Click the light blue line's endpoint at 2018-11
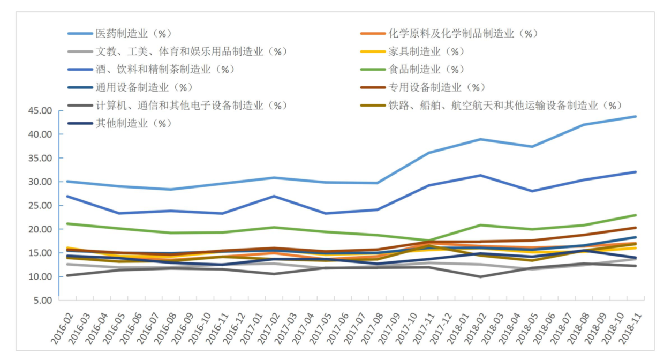click(636, 116)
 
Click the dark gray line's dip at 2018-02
click(481, 276)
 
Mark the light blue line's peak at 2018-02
click(481, 139)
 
